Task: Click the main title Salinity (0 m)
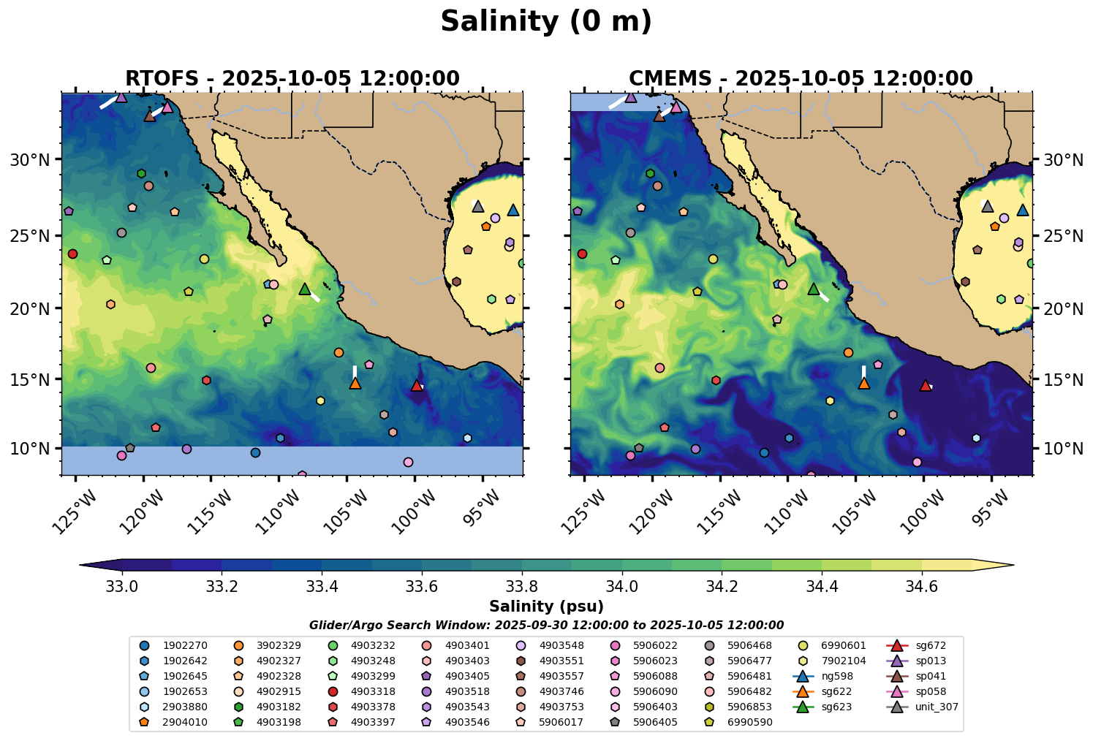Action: tap(546, 22)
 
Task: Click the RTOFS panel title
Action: tap(292, 78)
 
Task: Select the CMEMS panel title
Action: tap(801, 78)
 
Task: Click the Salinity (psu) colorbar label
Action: tap(546, 607)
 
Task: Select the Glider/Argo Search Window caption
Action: tap(546, 626)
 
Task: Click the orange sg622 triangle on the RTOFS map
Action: tap(355, 383)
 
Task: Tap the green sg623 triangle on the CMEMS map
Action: tap(814, 289)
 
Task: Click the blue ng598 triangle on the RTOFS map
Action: tap(513, 210)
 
